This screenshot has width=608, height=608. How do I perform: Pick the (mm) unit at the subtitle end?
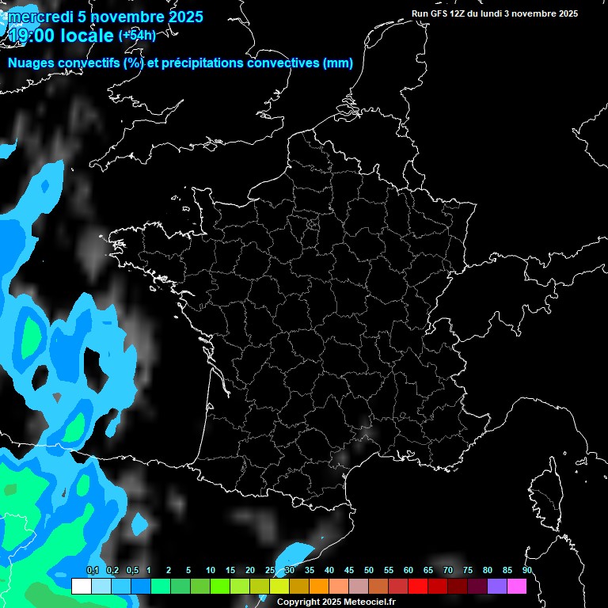pyautogui.click(x=338, y=64)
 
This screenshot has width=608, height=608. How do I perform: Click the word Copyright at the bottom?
pyautogui.click(x=299, y=602)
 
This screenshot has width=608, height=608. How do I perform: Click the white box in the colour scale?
pyautogui.click(x=81, y=587)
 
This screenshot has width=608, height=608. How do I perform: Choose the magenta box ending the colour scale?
pyautogui.click(x=517, y=587)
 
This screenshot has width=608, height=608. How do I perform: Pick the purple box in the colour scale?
pyautogui.click(x=497, y=587)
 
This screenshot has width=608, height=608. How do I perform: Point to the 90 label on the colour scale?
pyautogui.click(x=526, y=570)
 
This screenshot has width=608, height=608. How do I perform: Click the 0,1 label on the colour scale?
pyautogui.click(x=93, y=570)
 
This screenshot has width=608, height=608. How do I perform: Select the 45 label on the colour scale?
pyautogui.click(x=349, y=570)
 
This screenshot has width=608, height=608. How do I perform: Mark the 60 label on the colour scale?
pyautogui.click(x=408, y=570)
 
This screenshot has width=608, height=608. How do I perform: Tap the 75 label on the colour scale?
pyautogui.click(x=468, y=570)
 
